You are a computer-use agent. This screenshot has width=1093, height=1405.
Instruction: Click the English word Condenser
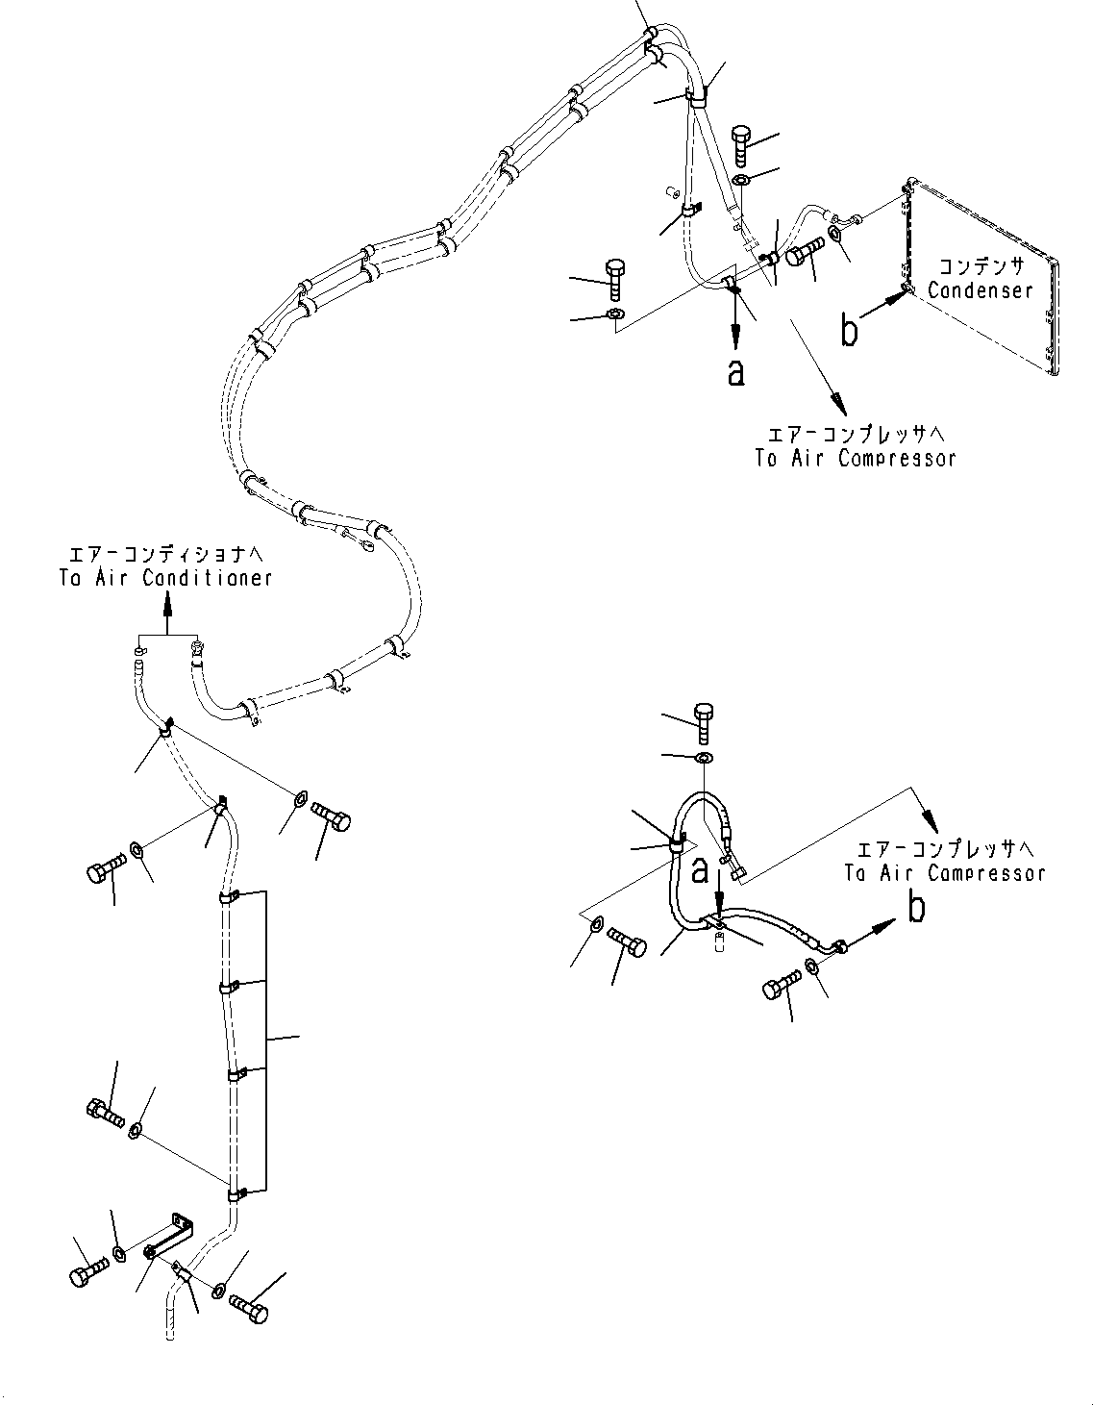coord(980,289)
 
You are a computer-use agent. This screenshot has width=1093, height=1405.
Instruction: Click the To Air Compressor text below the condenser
coord(855,458)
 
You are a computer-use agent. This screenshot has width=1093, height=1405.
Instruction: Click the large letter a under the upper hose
coord(735,372)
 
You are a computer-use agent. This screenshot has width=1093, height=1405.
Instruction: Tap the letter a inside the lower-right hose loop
coord(701,870)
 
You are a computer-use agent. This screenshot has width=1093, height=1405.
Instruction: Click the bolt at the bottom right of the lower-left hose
coord(251,1308)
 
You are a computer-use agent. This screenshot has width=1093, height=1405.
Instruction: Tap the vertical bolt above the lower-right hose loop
coord(702,722)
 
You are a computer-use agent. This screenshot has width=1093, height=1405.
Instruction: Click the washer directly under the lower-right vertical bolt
coord(703,759)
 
